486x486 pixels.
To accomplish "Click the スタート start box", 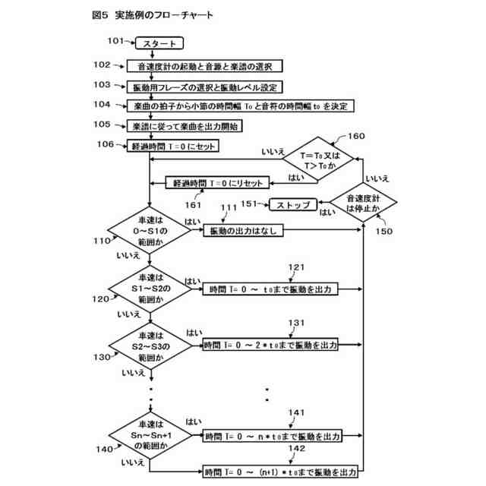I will pos(160,44).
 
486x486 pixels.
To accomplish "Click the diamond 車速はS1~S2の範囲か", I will pos(151,289).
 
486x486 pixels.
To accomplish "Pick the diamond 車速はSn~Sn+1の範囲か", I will pos(151,436).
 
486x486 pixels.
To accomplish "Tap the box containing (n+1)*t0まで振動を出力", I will pos(279,472).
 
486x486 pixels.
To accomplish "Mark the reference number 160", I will pos(355,137).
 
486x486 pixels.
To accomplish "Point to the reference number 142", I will pos(297,450).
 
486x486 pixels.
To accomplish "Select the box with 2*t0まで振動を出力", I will pos(270,346).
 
